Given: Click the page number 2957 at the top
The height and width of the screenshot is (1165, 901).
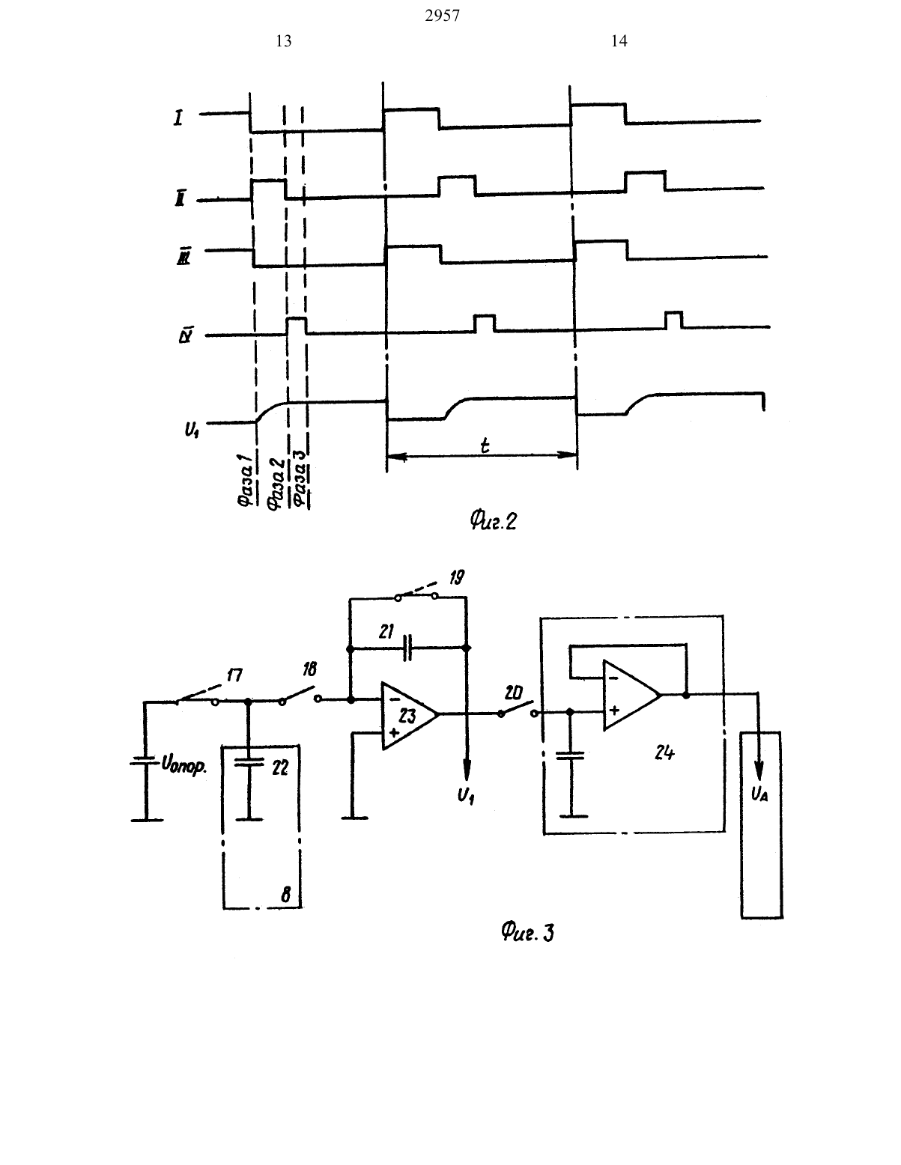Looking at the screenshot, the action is pos(442,16).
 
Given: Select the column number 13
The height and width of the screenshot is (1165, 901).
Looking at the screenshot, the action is pos(284,41).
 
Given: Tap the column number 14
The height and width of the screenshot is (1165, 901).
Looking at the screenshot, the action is pos(619,41).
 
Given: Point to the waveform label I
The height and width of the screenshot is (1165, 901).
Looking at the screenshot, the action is pos(178,118).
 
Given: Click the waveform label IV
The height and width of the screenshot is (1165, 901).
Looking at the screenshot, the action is pos(186,337).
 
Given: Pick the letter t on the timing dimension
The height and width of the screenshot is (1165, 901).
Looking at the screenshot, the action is pos(485,445).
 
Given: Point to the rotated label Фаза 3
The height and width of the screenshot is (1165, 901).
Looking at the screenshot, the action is pos(301,478).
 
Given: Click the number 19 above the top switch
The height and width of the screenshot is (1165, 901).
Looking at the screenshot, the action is pos(457,577).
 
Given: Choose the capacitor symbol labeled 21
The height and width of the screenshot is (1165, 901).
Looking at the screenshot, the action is pos(407,648).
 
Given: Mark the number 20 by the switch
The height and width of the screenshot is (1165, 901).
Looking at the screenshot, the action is pos(514,693).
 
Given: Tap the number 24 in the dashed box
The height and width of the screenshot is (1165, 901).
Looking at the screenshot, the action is pos(664,753).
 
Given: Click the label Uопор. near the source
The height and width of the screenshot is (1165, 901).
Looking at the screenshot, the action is pos(183,765).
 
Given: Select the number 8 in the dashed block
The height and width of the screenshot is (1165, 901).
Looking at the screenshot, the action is pos(286,894).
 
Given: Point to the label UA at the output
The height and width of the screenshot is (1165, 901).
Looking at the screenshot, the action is pos(759,794).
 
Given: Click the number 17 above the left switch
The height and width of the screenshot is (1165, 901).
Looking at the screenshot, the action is pos(234,675).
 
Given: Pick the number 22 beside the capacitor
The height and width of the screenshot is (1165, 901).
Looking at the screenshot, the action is pos(280,767).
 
